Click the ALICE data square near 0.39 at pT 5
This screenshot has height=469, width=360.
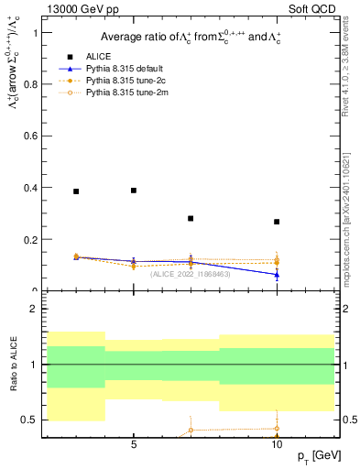134,191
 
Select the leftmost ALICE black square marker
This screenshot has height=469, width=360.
76,191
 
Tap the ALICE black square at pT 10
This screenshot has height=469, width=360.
277,222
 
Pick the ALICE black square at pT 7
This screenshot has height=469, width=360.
191,218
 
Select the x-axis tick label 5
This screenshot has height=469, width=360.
134,445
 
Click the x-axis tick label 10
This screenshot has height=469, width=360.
277,445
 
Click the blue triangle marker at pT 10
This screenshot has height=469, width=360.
277,274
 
